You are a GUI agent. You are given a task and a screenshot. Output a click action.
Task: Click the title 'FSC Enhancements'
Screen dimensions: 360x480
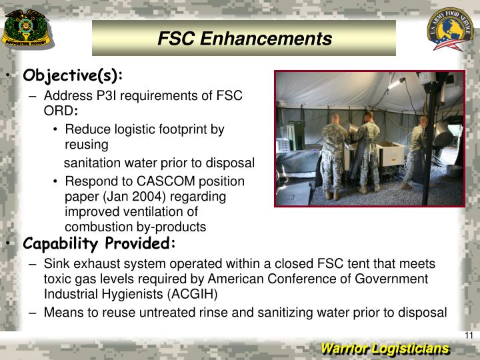[244, 39]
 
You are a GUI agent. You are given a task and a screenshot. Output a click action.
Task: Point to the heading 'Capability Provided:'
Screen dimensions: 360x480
[99, 243]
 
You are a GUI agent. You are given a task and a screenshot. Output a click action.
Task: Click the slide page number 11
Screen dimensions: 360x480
[469, 335]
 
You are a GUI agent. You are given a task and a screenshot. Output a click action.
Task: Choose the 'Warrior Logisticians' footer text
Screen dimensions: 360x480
[385, 349]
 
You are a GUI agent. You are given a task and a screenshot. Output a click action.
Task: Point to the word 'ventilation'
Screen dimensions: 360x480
[153, 211]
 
